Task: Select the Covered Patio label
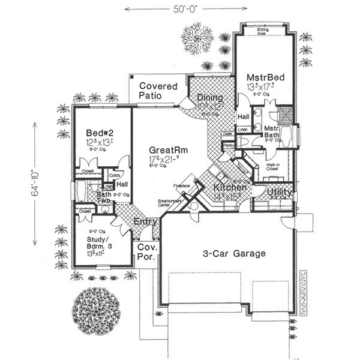tap(158, 91)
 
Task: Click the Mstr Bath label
tap(272, 133)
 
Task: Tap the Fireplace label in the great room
tap(182, 185)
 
